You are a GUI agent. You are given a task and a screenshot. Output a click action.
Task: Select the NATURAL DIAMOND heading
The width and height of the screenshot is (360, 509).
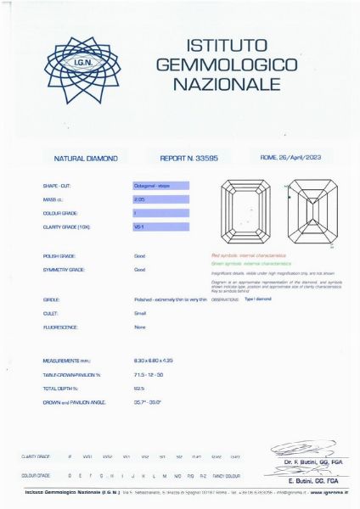click(x=86, y=159)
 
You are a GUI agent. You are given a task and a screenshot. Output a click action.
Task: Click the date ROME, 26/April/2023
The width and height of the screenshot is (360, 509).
click(x=290, y=158)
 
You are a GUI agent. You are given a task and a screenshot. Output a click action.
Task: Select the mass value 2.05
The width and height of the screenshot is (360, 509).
click(x=140, y=199)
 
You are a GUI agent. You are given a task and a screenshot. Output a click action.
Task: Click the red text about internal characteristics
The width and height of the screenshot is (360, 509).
click(x=248, y=255)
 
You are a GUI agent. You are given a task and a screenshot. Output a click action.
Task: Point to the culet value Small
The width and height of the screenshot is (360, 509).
click(x=140, y=314)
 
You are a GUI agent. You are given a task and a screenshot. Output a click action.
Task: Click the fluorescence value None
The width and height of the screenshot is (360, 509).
click(x=140, y=327)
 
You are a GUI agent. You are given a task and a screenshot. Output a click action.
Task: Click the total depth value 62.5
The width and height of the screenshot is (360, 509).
click(x=139, y=388)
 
